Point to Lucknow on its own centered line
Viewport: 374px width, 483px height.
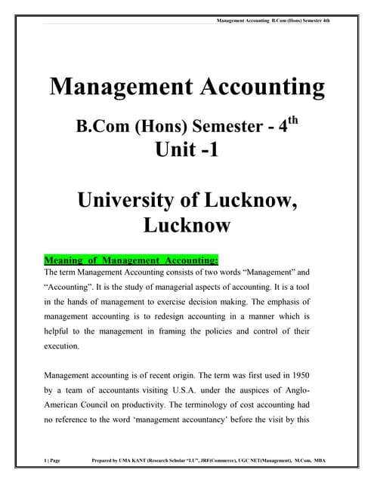[x=187, y=225]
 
